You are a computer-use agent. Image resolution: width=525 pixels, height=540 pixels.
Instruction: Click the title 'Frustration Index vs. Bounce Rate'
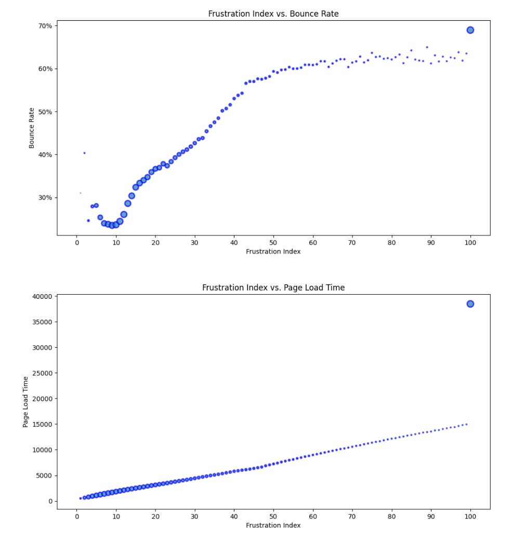point(273,14)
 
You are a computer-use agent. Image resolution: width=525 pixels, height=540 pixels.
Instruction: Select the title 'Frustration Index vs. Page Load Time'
point(273,287)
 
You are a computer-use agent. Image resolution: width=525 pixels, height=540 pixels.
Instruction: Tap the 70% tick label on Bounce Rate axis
point(45,25)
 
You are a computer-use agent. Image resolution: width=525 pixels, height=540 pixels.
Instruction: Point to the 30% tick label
point(45,197)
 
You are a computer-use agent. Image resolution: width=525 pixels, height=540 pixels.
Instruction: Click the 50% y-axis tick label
point(45,112)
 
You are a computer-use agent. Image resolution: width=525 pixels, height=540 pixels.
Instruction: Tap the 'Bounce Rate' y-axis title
point(32,128)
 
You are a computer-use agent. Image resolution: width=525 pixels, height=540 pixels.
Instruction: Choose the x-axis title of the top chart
point(273,252)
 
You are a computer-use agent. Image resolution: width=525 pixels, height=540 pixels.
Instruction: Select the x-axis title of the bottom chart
point(273,525)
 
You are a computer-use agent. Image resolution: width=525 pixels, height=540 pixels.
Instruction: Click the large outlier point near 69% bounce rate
point(470,30)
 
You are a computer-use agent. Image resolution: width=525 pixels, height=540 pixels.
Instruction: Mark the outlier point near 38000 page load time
point(470,304)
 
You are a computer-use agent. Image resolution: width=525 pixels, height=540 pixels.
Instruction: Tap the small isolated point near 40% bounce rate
point(84,153)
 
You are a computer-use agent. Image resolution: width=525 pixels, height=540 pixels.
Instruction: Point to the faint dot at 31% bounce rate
point(80,193)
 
